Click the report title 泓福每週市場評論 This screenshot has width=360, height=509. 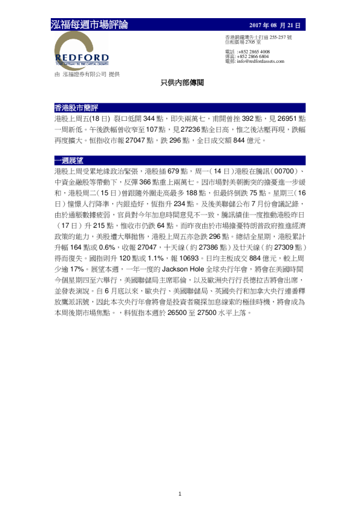pos(90,25)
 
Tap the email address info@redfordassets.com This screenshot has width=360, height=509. pos(260,62)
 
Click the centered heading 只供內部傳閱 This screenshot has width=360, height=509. pos(179,82)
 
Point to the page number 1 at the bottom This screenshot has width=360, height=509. pos(180,494)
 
